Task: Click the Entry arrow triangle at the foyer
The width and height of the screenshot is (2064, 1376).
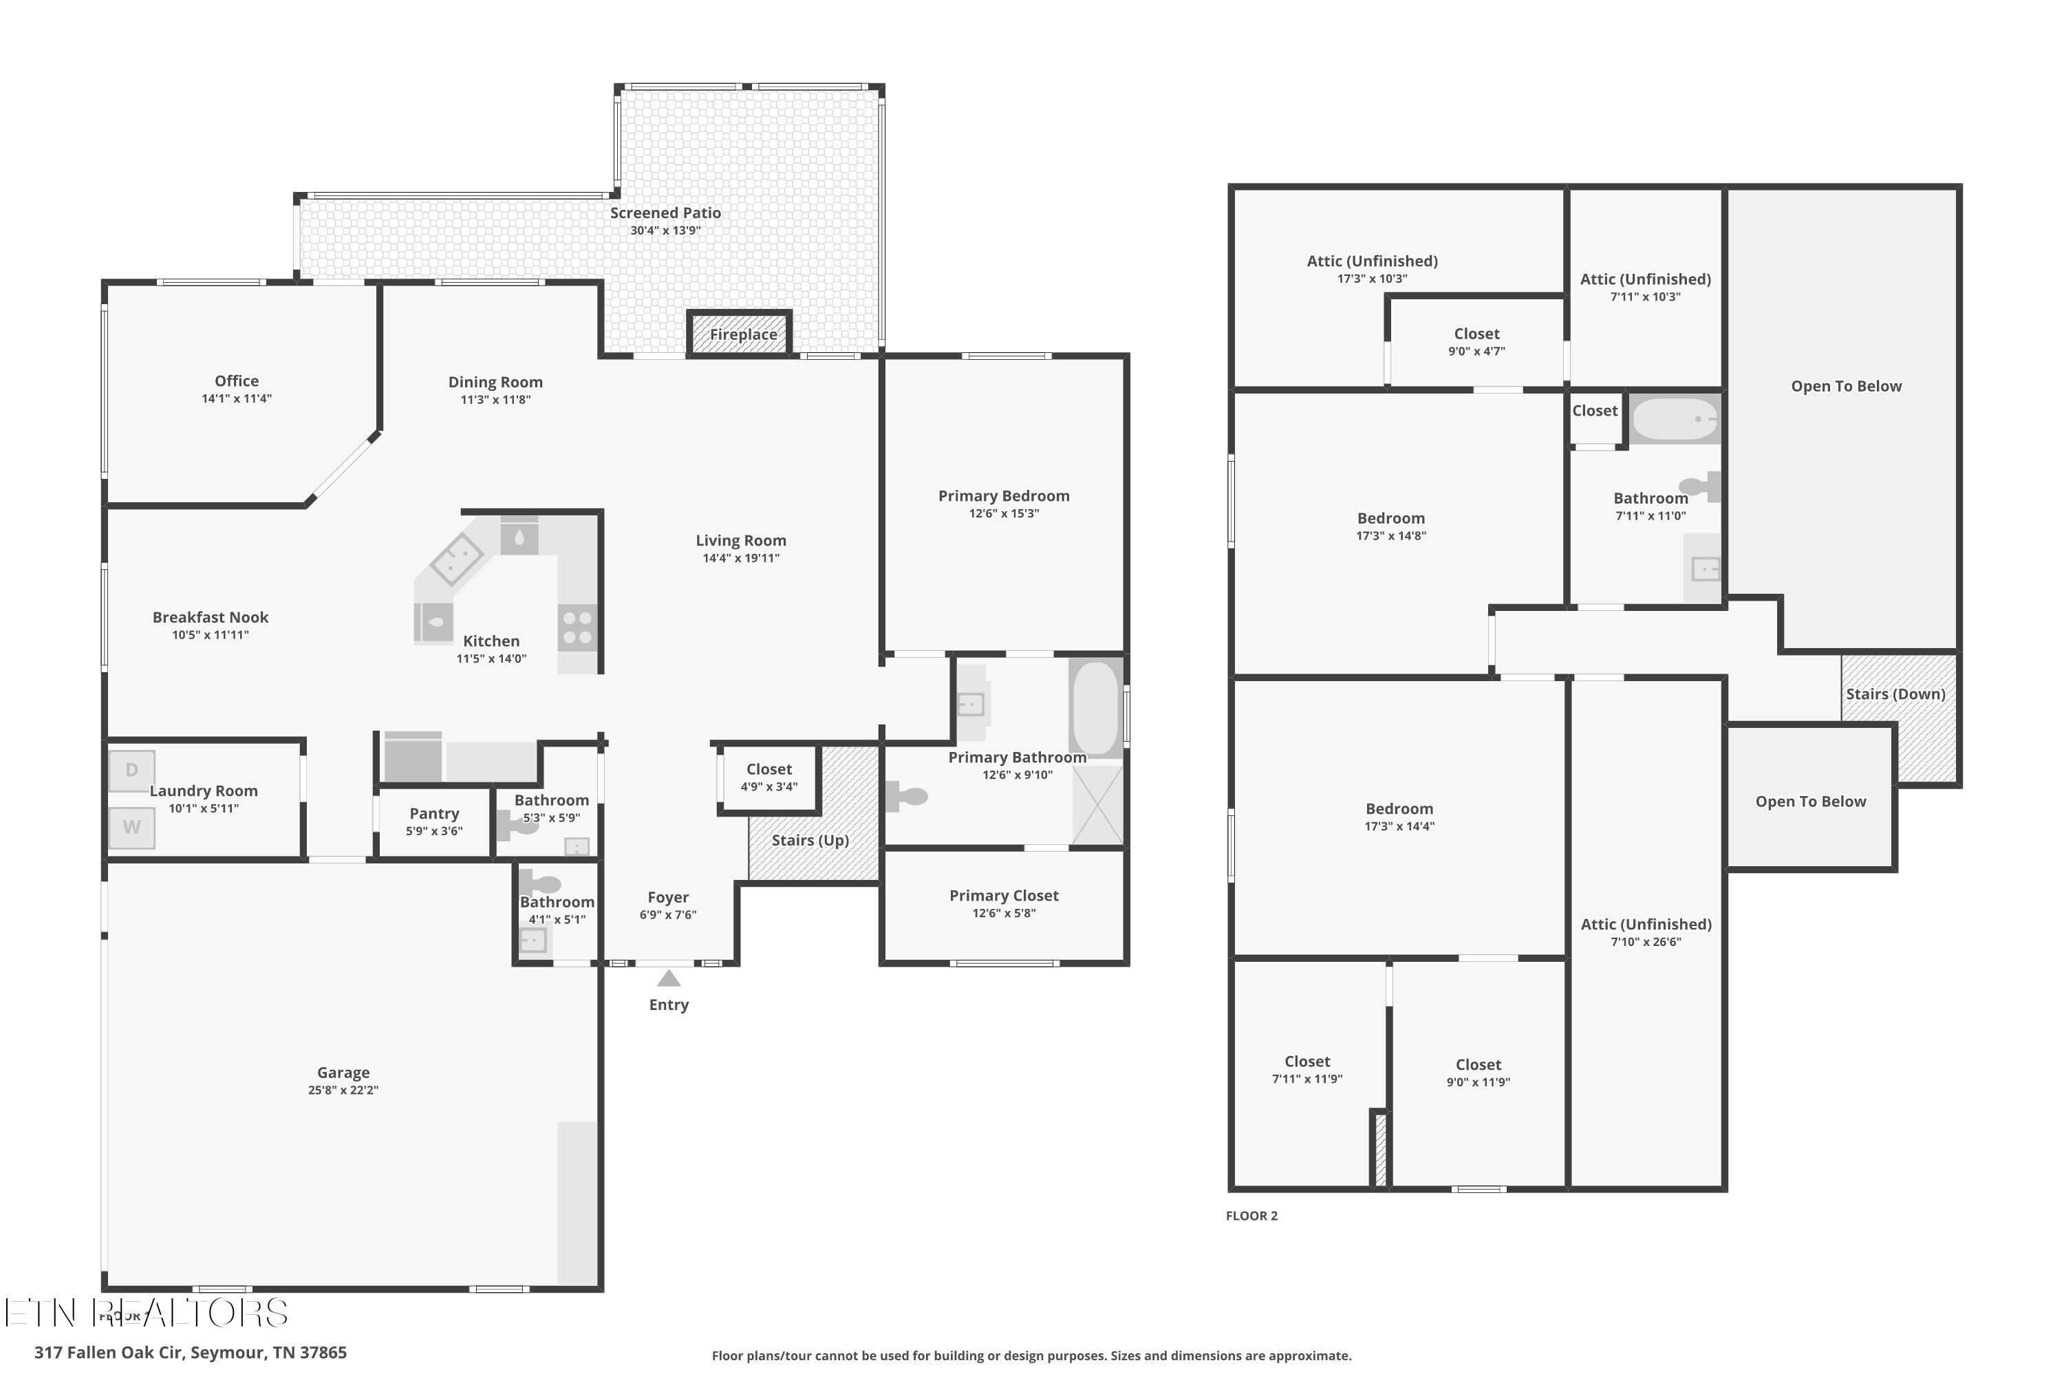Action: click(x=669, y=978)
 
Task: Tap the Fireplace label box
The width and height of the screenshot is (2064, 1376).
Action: click(x=742, y=334)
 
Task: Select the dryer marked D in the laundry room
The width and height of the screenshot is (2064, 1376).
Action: click(x=131, y=771)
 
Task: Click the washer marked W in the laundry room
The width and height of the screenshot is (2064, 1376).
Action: click(x=131, y=827)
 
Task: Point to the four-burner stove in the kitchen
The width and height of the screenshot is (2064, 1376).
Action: click(x=577, y=627)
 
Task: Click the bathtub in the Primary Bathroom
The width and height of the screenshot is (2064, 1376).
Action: click(x=1095, y=707)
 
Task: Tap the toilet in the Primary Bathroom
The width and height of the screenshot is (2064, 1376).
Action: click(x=907, y=797)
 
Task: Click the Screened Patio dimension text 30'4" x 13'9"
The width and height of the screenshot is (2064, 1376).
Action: click(x=665, y=230)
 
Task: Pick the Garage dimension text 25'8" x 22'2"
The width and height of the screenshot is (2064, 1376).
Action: click(x=343, y=1090)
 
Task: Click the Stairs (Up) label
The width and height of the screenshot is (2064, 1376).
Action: click(x=810, y=840)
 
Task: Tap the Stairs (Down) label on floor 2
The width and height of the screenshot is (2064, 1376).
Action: click(x=1895, y=694)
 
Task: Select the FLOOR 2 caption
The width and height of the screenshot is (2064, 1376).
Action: click(x=1251, y=1216)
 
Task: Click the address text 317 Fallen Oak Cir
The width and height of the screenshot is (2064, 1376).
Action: click(x=191, y=1353)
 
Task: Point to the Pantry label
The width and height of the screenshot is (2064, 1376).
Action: click(x=433, y=813)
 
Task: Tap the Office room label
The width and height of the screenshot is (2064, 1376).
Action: click(x=237, y=381)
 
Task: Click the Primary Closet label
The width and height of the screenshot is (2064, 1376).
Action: click(x=1003, y=895)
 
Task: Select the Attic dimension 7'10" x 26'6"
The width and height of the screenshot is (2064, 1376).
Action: click(x=1646, y=942)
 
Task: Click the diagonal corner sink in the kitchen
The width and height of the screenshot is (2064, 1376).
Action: click(x=456, y=557)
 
